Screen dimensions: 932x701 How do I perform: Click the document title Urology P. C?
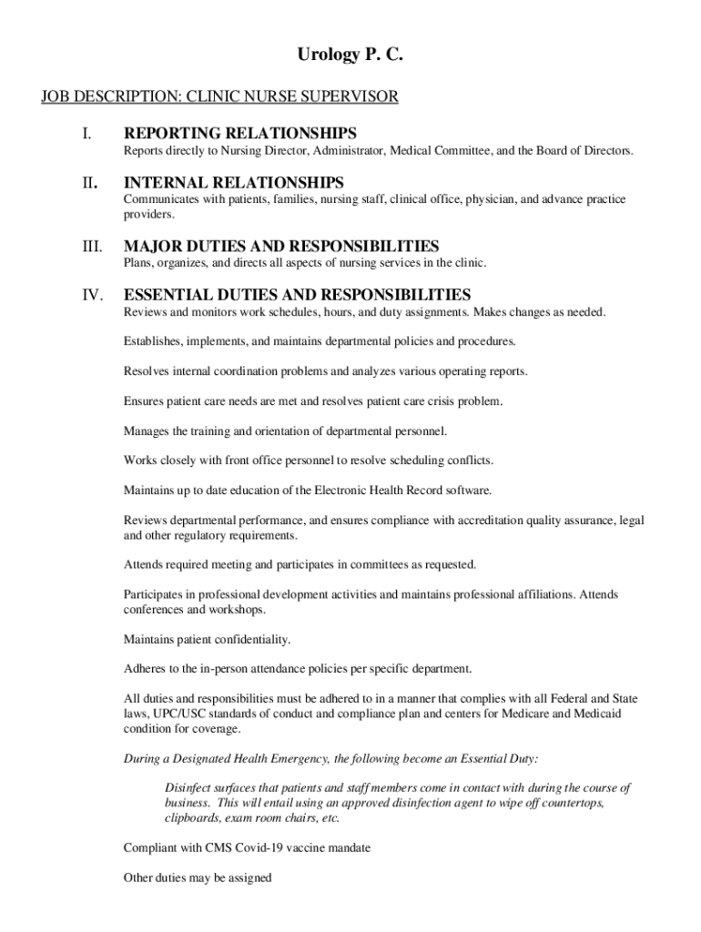350,56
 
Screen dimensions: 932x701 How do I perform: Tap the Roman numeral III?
89,247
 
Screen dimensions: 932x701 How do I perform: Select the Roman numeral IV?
89,295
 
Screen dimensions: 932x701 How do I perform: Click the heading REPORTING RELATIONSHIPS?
239,134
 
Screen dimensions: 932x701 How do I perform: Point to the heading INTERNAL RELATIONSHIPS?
233,183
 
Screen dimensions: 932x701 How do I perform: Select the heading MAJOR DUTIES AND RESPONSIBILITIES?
281,247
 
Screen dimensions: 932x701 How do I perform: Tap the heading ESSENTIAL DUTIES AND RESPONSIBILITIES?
297,295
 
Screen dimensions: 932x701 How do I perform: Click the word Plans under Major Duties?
137,263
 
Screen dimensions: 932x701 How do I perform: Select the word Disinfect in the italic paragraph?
188,787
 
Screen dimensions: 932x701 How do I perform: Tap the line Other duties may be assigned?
198,878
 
